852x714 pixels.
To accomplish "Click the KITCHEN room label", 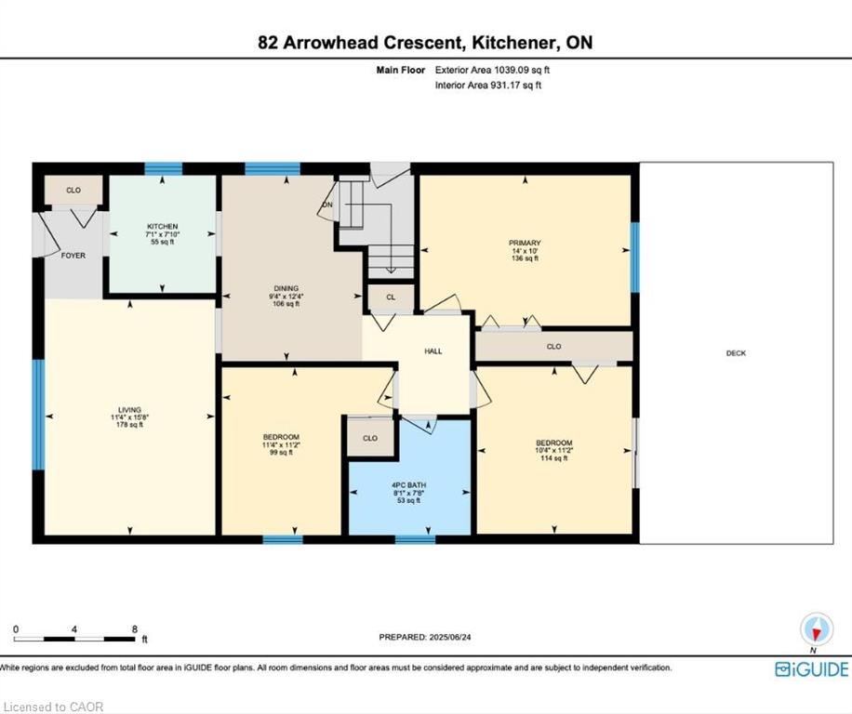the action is (x=163, y=227).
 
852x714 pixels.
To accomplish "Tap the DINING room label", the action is (x=286, y=288).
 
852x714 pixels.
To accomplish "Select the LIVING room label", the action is (x=129, y=410).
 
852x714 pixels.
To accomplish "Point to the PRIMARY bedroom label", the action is (x=525, y=243).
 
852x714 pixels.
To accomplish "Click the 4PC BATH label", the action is (x=408, y=485).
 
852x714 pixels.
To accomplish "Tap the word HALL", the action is (x=433, y=351).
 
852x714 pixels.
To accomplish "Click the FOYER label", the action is (x=73, y=255).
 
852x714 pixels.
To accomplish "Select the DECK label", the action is (x=737, y=353).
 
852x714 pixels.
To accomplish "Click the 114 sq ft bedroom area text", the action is (x=554, y=458).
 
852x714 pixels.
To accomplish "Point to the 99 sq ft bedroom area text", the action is (x=281, y=452).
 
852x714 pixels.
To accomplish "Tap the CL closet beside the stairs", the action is (x=391, y=297).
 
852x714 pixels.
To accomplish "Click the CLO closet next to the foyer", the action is (x=73, y=190).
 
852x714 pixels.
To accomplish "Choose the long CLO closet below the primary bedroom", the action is (x=553, y=347).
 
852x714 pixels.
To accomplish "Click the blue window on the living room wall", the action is (x=37, y=415).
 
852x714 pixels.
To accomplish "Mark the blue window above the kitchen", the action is (x=163, y=168).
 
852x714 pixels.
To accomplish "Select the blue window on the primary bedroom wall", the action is (x=634, y=257).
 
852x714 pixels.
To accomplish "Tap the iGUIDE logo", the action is (x=811, y=669).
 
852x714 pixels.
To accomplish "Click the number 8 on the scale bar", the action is (x=134, y=629).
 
